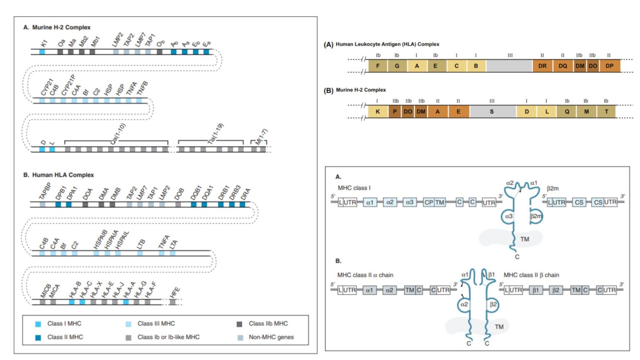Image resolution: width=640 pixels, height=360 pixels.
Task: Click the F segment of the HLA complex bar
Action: click(x=378, y=66)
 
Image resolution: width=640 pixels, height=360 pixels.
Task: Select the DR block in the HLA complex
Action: click(x=542, y=66)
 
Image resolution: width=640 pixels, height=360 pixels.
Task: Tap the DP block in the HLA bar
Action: click(x=610, y=66)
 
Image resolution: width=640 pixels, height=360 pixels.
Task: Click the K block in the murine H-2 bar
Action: click(x=378, y=111)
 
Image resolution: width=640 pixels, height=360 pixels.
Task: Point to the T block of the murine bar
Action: click(x=606, y=111)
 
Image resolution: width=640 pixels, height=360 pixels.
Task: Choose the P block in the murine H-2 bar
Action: click(x=395, y=111)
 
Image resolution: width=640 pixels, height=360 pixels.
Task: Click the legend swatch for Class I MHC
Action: click(x=38, y=324)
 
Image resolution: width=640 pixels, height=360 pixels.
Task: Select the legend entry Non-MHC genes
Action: click(x=271, y=337)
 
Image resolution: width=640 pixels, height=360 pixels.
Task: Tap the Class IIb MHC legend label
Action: click(x=268, y=323)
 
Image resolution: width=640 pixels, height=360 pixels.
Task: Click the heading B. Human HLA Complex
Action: click(x=59, y=175)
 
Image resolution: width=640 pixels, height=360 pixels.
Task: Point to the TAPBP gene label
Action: click(x=45, y=191)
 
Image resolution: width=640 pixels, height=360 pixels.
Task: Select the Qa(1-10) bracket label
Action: click(x=118, y=134)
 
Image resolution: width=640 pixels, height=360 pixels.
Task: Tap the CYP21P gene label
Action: click(x=68, y=85)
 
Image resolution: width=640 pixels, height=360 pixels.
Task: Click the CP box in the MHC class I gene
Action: click(x=429, y=202)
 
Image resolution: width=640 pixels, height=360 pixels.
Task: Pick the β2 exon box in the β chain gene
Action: click(x=556, y=290)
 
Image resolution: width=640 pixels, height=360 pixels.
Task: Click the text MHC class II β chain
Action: click(x=531, y=275)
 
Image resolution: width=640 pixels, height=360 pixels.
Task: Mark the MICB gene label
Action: click(x=45, y=290)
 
